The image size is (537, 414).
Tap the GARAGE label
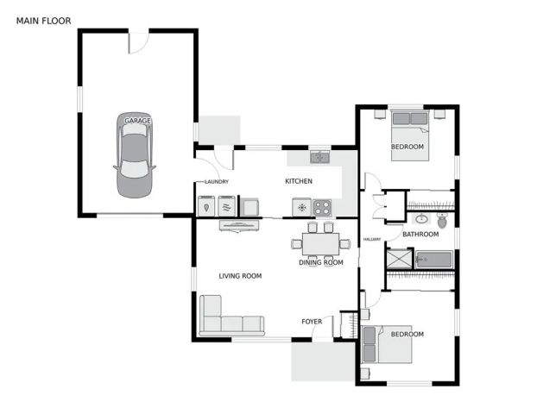pos(137,121)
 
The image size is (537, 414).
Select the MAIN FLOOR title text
pos(44,20)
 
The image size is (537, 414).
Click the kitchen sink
pos(320,157)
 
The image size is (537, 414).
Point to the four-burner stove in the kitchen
pos(322,207)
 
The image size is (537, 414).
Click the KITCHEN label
pos(299,181)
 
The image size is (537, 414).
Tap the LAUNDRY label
pos(216,182)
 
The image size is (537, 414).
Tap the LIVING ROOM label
pos(240,276)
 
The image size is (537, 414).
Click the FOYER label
pos(312,322)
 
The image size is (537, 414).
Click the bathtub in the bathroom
pos(434,259)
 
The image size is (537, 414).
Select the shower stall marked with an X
pos(399,259)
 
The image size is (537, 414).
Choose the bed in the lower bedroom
pos(389,345)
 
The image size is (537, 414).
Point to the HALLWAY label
pos(372,239)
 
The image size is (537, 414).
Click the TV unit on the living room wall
pos(239,226)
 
